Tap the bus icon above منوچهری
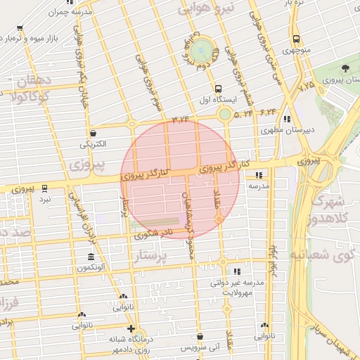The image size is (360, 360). [x=296, y=39]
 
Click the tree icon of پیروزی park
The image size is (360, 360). [x=346, y=68]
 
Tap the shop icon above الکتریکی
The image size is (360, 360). [x=93, y=133]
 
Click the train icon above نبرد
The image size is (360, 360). [x=45, y=188]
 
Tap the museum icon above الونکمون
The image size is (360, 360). [x=91, y=257]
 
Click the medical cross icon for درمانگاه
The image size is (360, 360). [x=130, y=328]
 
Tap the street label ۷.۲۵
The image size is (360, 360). [x=305, y=87]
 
